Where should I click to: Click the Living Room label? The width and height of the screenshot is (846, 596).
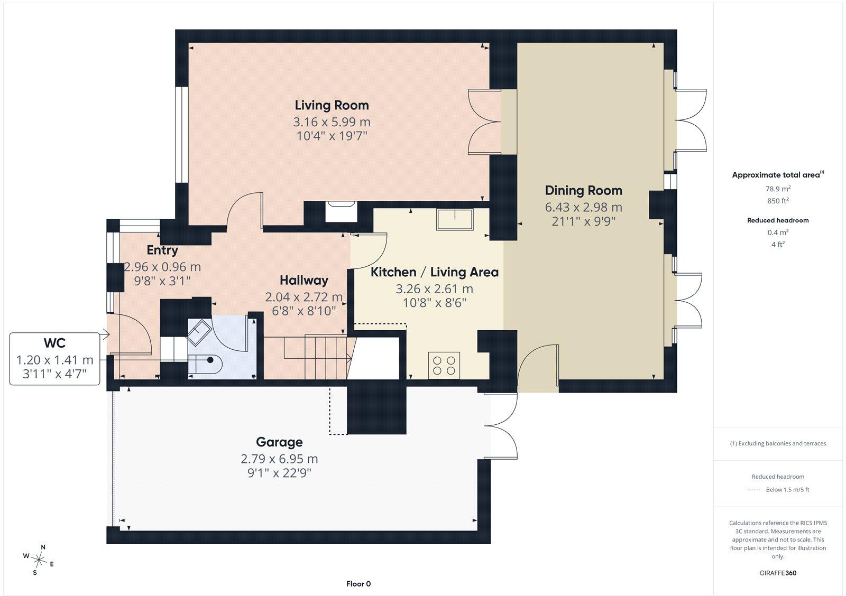pyautogui.click(x=332, y=105)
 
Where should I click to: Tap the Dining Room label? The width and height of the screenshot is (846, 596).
pyautogui.click(x=584, y=191)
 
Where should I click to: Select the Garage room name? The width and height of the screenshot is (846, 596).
pyautogui.click(x=279, y=442)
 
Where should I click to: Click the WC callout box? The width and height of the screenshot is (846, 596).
pyautogui.click(x=55, y=359)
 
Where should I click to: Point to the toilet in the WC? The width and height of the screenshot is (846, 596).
pyautogui.click(x=206, y=364)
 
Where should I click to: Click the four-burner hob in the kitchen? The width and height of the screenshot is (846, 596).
pyautogui.click(x=444, y=366)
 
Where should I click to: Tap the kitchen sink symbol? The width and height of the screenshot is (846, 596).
pyautogui.click(x=455, y=219)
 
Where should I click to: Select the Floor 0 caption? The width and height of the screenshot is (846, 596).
pyautogui.click(x=358, y=584)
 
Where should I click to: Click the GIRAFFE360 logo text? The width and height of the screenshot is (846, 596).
pyautogui.click(x=778, y=573)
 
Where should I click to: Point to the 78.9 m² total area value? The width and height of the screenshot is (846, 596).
pyautogui.click(x=778, y=189)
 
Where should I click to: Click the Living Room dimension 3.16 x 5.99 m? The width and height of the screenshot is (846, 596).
pyautogui.click(x=332, y=122)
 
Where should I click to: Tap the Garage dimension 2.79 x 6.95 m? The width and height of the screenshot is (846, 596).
pyautogui.click(x=279, y=459)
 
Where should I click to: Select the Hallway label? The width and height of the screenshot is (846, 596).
pyautogui.click(x=304, y=281)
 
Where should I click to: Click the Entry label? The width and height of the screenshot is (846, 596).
pyautogui.click(x=162, y=250)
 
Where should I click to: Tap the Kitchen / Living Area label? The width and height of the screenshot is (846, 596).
pyautogui.click(x=434, y=272)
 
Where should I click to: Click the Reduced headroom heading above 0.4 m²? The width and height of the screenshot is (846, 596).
pyautogui.click(x=778, y=220)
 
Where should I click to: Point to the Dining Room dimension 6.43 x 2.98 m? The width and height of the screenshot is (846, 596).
pyautogui.click(x=584, y=207)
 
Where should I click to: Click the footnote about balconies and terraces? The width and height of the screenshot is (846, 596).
pyautogui.click(x=778, y=443)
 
